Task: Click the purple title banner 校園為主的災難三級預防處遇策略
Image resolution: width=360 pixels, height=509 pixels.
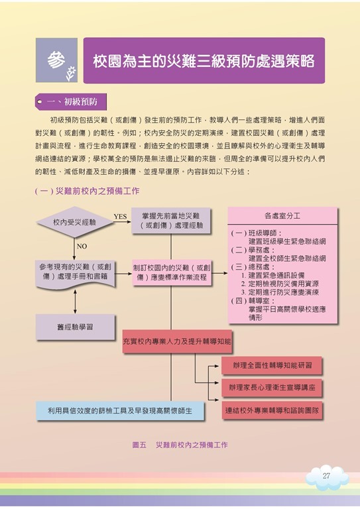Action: [x=204, y=61]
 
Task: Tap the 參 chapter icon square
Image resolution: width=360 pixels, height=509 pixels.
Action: [x=56, y=60]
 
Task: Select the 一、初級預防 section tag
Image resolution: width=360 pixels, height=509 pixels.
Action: [x=71, y=101]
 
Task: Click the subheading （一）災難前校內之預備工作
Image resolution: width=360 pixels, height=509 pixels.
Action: [x=87, y=191]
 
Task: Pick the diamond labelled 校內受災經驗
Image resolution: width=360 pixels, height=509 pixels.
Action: [x=75, y=222]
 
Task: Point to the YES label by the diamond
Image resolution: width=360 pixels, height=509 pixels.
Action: [x=120, y=217]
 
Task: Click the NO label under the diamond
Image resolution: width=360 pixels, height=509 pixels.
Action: [x=82, y=247]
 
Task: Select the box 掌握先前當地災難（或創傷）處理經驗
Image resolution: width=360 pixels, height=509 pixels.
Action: [x=171, y=221]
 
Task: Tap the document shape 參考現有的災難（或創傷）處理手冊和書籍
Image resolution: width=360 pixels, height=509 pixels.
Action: [x=76, y=274]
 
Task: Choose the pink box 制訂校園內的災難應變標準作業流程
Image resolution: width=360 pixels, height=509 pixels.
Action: [x=172, y=272]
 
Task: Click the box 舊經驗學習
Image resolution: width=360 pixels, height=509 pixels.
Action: [x=76, y=327]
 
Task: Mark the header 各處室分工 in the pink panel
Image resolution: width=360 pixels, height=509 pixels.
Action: [x=282, y=216]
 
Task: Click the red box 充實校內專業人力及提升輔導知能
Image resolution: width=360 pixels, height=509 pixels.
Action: [x=177, y=341]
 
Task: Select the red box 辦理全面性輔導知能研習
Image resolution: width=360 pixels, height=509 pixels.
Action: [x=272, y=366]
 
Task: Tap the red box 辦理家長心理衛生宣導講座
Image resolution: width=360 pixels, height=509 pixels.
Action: [x=272, y=388]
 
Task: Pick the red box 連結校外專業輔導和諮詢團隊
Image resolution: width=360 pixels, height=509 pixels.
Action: [x=272, y=410]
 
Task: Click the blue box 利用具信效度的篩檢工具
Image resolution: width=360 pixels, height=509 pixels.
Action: [x=120, y=411]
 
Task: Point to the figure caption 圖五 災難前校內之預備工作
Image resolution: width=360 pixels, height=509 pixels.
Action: [x=180, y=445]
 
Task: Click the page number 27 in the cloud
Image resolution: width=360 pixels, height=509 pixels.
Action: [x=326, y=476]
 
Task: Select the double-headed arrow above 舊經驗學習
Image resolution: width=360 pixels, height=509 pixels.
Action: [x=76, y=302]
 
